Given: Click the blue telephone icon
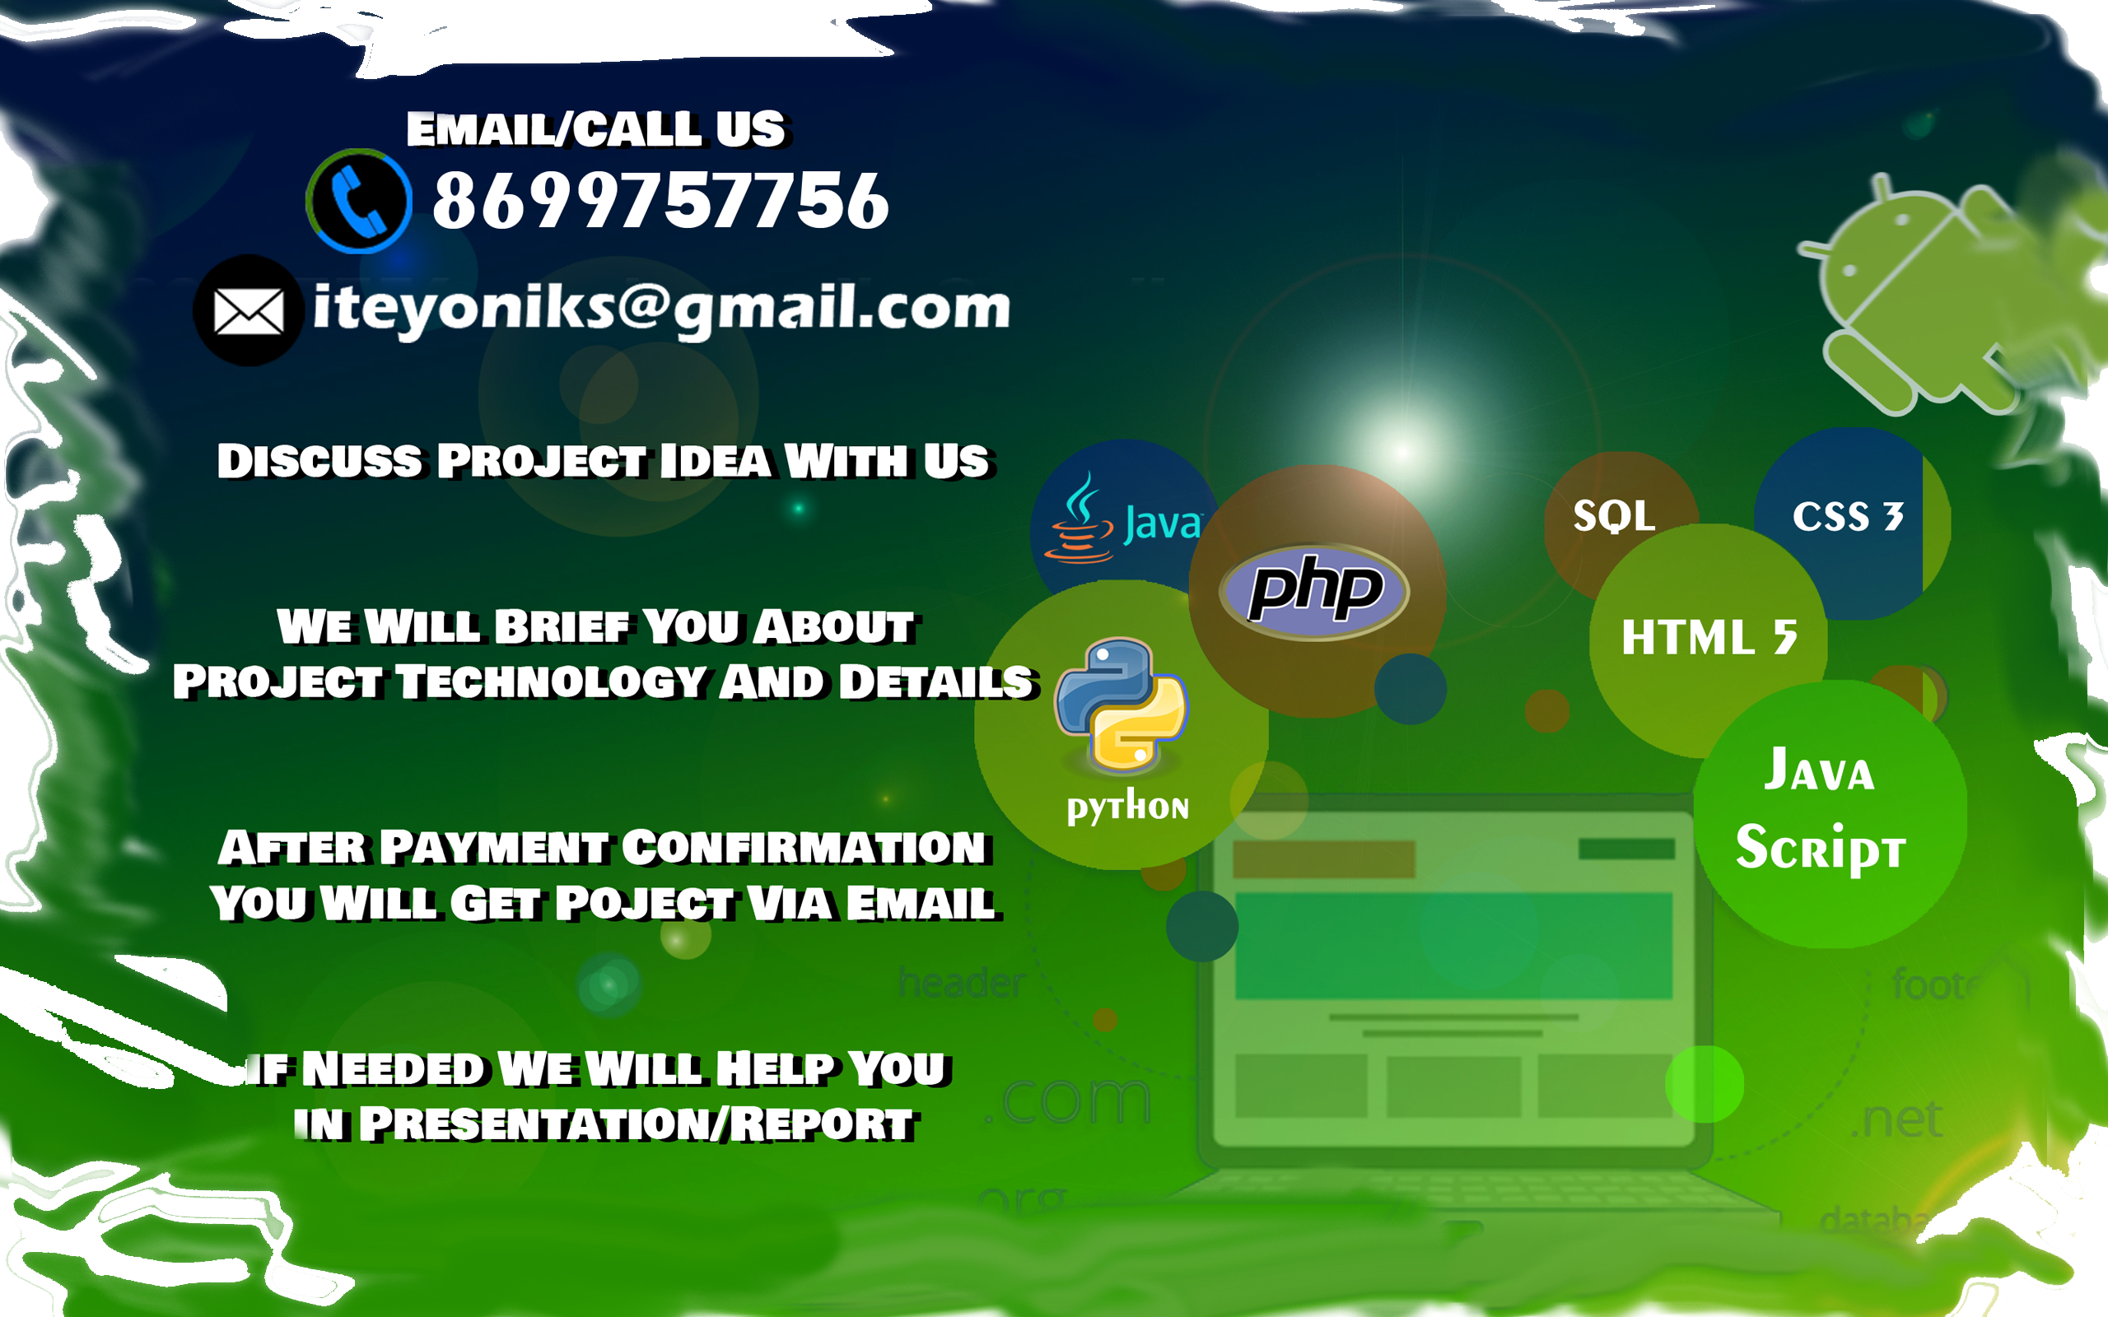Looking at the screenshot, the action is (358, 201).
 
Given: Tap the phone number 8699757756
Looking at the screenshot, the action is (661, 201).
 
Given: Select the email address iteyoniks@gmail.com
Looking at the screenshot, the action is (661, 309).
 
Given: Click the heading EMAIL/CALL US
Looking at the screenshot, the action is (597, 130).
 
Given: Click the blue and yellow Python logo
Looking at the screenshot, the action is (1121, 705).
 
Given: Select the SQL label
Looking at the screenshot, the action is (1614, 515).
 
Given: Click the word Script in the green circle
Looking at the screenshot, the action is (1821, 847).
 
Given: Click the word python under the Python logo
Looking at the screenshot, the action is (1128, 807).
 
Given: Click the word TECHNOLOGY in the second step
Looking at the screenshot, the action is (552, 682).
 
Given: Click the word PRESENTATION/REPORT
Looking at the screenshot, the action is (637, 1124).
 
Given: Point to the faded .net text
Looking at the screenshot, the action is (1896, 1119).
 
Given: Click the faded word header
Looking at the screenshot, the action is (963, 983).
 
